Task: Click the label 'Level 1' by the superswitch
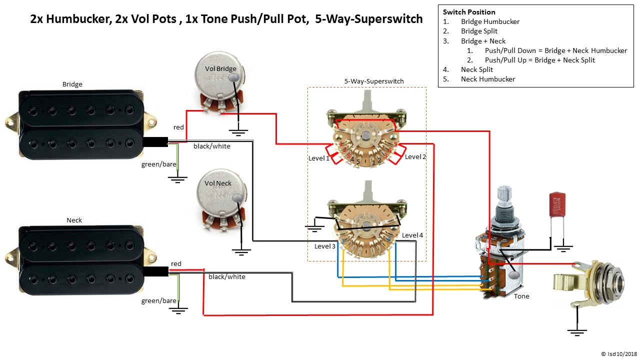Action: [x=319, y=158]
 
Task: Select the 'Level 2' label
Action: [x=415, y=156]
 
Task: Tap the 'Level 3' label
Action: [x=325, y=246]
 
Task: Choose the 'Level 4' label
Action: [x=412, y=235]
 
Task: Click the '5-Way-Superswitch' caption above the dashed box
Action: [x=373, y=81]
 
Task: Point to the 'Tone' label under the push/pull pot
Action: [x=521, y=296]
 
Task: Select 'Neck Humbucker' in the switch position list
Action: [x=487, y=79]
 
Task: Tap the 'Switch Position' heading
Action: [x=469, y=12]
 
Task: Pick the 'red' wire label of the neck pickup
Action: [x=176, y=263]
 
